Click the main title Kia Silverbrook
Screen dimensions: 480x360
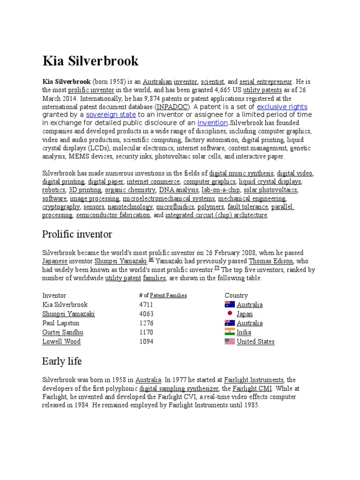click(90, 61)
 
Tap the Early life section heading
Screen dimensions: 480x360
click(62, 361)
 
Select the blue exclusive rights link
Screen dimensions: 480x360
click(282, 107)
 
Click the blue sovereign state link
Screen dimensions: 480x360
click(111, 114)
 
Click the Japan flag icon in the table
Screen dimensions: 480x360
click(230, 314)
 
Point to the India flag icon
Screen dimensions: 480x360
click(230, 332)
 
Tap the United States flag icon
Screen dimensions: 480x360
click(230, 341)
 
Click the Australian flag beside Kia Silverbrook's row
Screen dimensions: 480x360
click(230, 305)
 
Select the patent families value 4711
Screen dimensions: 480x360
click(147, 305)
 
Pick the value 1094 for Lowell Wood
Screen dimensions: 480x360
click(147, 341)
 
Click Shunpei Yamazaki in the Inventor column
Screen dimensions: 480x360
click(68, 314)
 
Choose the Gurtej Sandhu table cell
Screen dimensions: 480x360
click(63, 332)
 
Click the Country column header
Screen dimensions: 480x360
click(236, 295)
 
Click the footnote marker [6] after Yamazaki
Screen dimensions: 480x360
click(151, 259)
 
